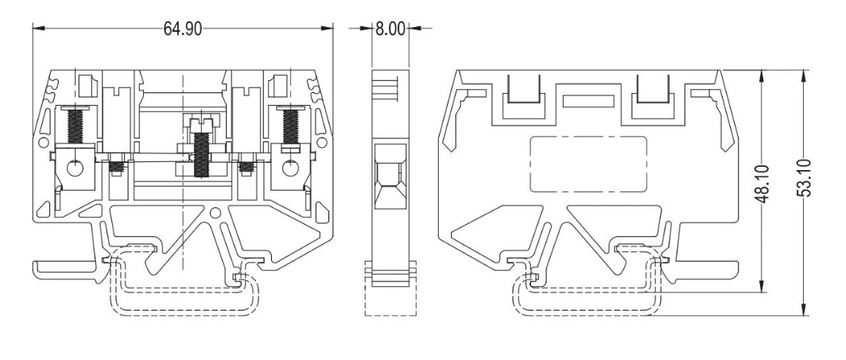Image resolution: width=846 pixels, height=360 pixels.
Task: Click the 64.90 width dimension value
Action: (183, 29)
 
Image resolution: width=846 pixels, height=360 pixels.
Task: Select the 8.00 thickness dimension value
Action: (390, 29)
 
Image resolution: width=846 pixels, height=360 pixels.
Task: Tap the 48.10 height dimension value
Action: (763, 184)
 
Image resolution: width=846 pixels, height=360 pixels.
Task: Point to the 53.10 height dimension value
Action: (804, 178)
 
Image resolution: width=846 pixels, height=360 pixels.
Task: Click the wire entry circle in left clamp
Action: (75, 169)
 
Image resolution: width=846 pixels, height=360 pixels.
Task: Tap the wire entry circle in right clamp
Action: (291, 169)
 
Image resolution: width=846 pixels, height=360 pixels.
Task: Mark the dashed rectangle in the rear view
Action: (588, 164)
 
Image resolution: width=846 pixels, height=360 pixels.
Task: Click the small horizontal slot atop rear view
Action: (588, 101)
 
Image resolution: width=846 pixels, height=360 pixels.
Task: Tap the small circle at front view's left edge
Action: (44, 143)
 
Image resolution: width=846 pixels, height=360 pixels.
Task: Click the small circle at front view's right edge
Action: (321, 143)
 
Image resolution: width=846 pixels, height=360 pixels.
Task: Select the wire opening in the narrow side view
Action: (390, 175)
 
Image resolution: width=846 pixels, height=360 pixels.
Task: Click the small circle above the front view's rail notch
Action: (215, 213)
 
